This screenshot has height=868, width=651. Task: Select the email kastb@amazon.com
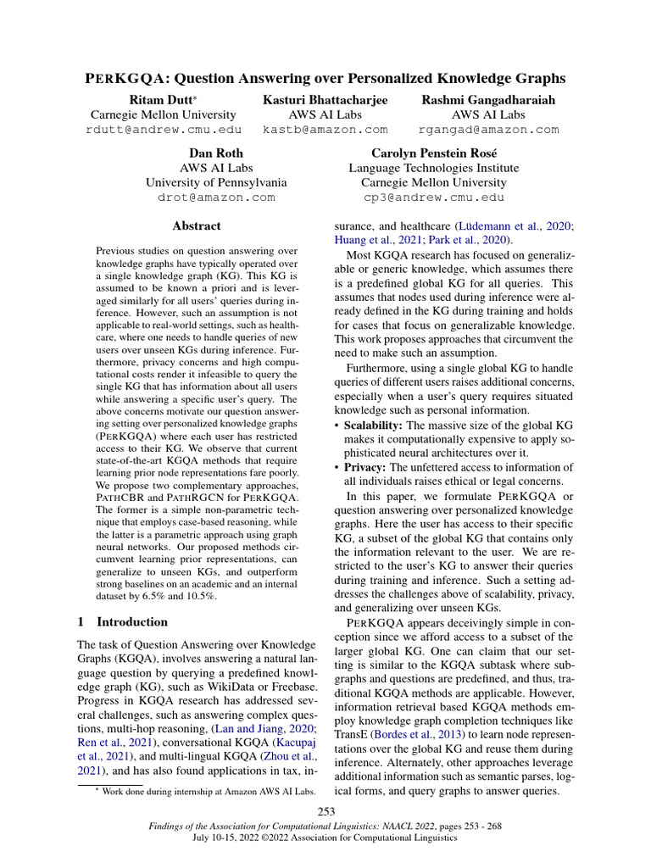tap(325, 130)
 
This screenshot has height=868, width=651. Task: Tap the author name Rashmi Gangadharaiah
tap(489, 100)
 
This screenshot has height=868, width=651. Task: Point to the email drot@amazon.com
tap(216, 197)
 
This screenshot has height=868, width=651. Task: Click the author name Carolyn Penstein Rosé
tap(433, 153)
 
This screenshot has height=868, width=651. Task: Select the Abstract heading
tap(196, 226)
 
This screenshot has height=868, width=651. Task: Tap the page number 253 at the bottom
tap(326, 813)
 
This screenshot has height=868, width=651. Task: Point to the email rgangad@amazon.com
tap(489, 130)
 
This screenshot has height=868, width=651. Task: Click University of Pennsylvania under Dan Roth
tap(216, 182)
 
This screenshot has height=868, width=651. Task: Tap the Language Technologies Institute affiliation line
tap(433, 168)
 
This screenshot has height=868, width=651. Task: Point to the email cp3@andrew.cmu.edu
tap(433, 197)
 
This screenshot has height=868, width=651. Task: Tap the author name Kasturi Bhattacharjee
tap(325, 100)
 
